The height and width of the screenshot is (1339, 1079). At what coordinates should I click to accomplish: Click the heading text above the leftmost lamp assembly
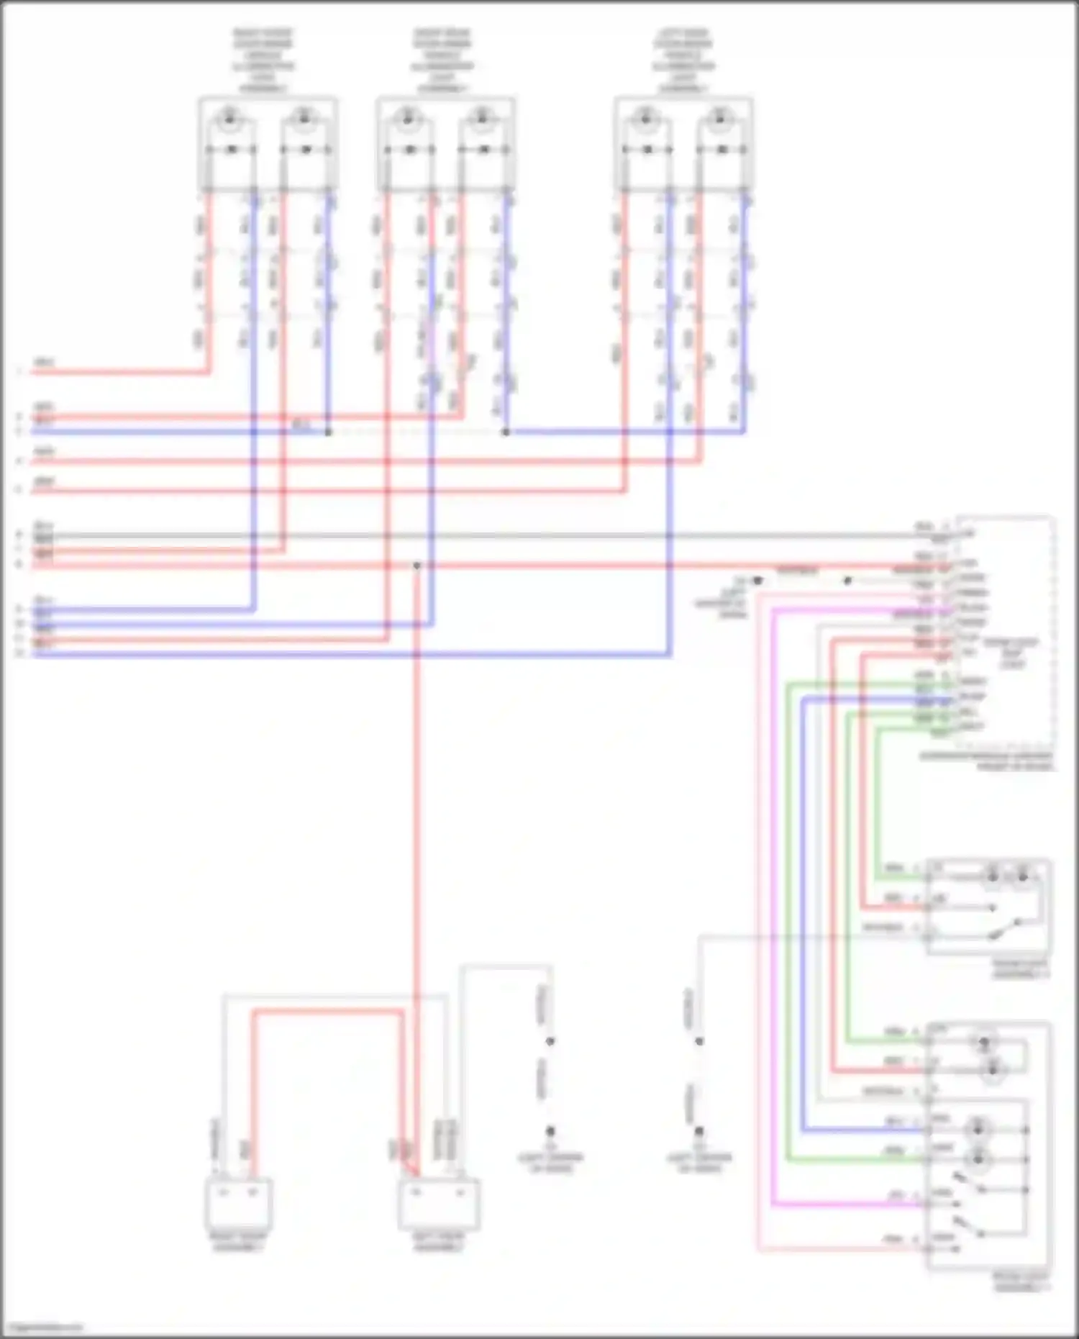pyautogui.click(x=263, y=60)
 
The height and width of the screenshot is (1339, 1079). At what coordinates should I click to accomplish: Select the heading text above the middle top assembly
pyautogui.click(x=443, y=60)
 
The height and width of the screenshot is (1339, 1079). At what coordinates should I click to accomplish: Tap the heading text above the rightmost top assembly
pyautogui.click(x=683, y=60)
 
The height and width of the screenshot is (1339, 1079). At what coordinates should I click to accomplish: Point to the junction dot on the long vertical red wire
pyautogui.click(x=416, y=566)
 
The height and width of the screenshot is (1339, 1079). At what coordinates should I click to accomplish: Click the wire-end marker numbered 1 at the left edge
pyautogui.click(x=20, y=372)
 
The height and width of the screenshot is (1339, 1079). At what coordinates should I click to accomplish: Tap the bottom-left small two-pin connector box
pyautogui.click(x=239, y=1202)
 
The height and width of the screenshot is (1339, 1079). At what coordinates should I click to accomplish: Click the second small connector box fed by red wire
pyautogui.click(x=439, y=1202)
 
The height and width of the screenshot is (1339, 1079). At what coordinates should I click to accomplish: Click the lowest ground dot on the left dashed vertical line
pyautogui.click(x=550, y=1131)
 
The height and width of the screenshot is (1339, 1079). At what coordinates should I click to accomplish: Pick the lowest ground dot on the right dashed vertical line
pyautogui.click(x=698, y=1131)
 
